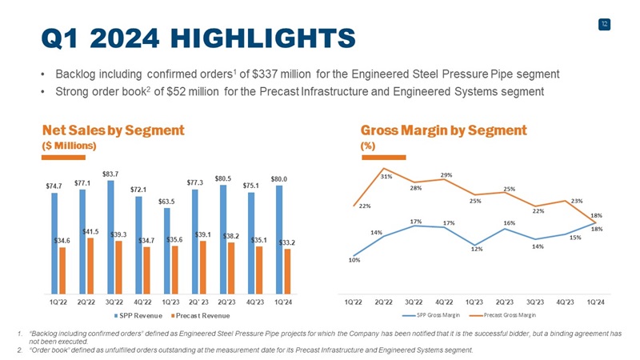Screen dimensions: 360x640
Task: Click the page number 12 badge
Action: click(605, 25)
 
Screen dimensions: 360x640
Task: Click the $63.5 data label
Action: click(167, 202)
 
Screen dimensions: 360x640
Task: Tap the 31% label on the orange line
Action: click(386, 176)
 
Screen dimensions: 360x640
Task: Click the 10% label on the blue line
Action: click(354, 258)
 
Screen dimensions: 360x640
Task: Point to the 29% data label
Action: click(446, 174)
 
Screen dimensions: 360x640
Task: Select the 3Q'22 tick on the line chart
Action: click(414, 302)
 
